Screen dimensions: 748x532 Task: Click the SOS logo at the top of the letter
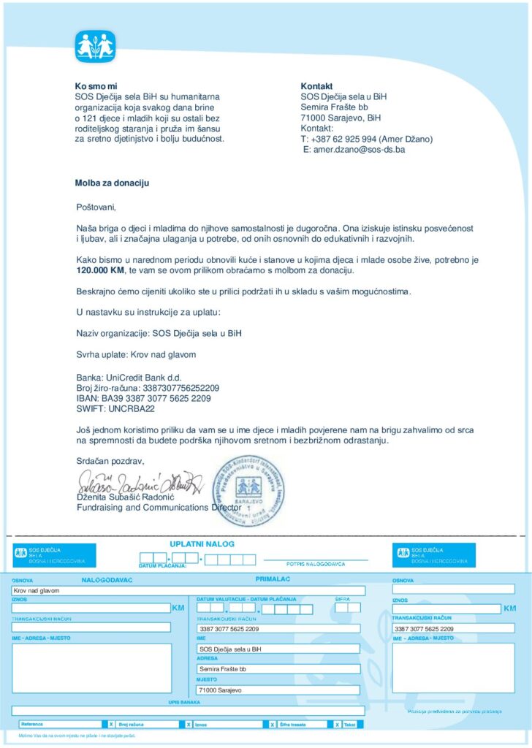[96, 47]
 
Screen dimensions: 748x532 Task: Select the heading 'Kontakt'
[317, 85]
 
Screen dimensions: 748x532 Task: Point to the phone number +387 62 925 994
[344, 139]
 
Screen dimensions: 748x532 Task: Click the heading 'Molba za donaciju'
[112, 183]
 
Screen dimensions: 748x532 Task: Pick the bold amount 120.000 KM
[101, 270]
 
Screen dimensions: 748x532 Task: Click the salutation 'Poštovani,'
[96, 207]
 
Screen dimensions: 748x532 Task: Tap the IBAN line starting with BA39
[144, 399]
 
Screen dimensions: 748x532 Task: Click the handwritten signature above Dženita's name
[135, 482]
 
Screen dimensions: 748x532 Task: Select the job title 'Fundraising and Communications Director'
[159, 507]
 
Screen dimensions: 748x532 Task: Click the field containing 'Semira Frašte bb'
[278, 668]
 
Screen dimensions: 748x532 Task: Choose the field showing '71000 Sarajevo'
[278, 690]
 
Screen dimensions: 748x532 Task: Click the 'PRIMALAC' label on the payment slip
[273, 579]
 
